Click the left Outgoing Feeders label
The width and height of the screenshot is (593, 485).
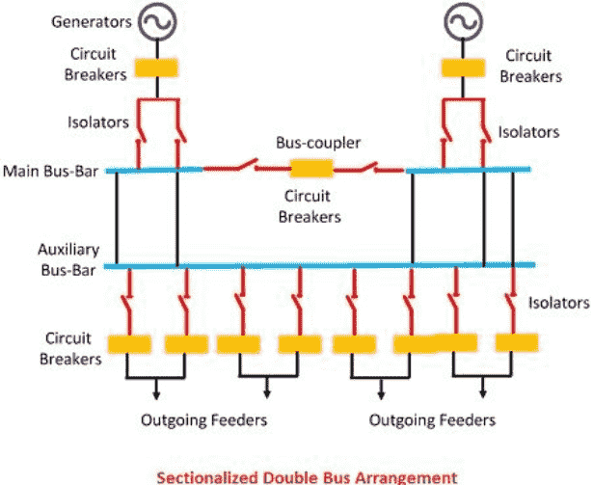pos(203,420)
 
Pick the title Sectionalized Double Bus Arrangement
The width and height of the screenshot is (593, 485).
pos(305,476)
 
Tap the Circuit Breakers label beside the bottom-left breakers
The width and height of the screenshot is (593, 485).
pos(70,348)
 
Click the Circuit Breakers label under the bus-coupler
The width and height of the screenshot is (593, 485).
pos(310,207)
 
